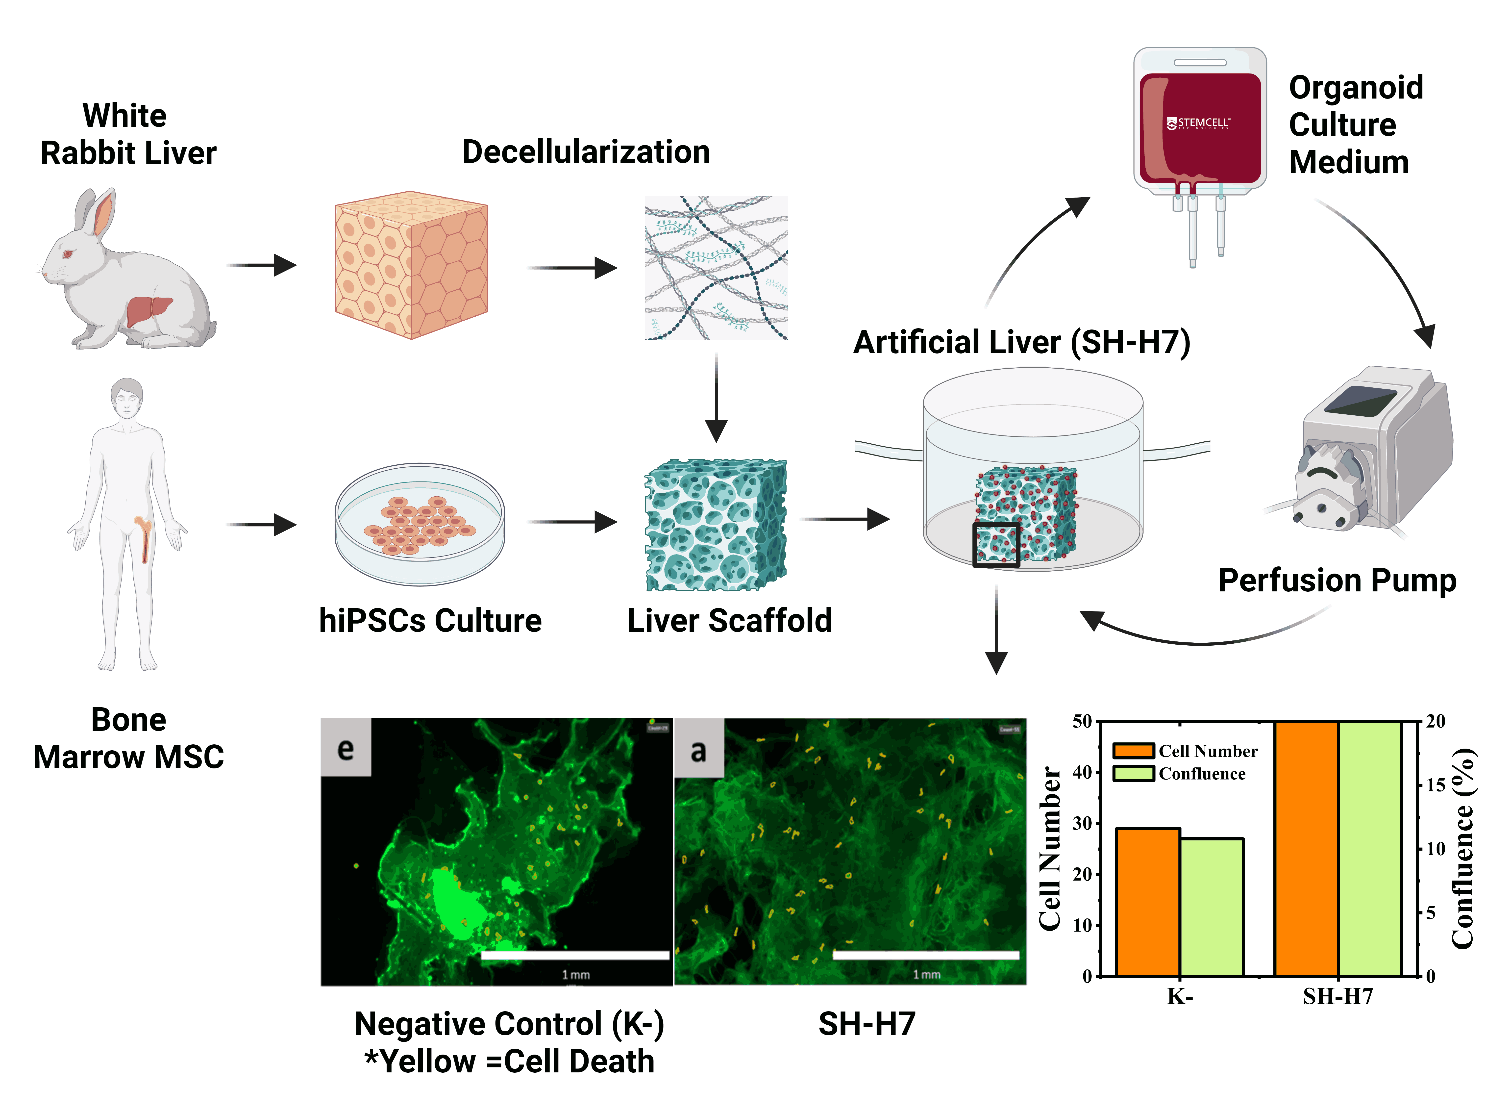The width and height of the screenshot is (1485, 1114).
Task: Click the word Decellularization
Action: tap(585, 152)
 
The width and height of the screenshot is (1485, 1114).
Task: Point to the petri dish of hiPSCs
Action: tap(420, 524)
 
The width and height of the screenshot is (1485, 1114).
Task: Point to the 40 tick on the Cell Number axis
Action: tap(1082, 772)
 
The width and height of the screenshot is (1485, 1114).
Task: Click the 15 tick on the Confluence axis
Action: tap(1435, 785)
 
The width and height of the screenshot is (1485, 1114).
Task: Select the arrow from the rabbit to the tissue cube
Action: tap(262, 265)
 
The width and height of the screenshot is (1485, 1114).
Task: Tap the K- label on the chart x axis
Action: tap(1180, 996)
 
